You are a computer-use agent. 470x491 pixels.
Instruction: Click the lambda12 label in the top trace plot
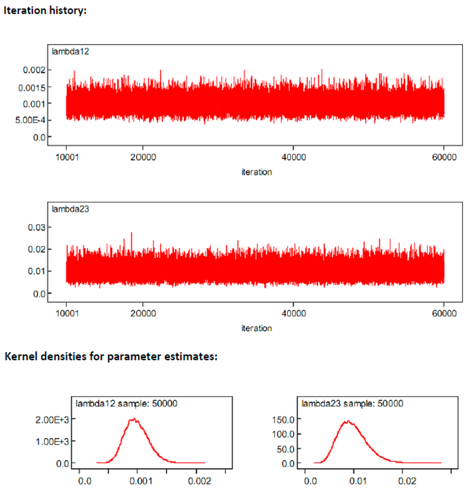coord(67,51)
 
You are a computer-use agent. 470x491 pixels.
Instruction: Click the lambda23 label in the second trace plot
coord(67,208)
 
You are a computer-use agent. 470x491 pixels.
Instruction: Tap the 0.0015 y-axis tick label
coord(30,87)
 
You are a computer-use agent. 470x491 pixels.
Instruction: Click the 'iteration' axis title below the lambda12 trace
coord(257,171)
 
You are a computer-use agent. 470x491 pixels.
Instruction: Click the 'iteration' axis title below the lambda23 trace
coord(257,328)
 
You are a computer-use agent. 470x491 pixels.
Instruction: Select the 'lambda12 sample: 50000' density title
coord(126,402)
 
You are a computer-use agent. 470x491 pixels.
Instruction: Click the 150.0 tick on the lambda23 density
coord(283,419)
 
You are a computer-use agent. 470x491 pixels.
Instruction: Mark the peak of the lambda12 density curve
coord(134,419)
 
